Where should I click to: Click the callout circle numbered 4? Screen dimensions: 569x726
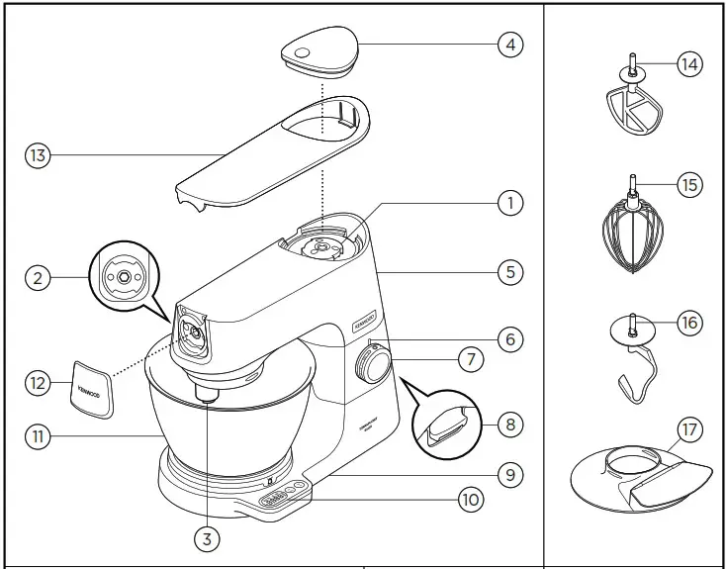coord(509,45)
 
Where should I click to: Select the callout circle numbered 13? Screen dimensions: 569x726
coord(38,154)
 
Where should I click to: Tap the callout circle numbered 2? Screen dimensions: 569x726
coord(38,278)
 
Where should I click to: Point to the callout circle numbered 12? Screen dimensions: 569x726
coord(38,382)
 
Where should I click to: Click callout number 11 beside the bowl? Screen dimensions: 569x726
coord(38,433)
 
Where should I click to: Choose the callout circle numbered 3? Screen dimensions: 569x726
coord(206,538)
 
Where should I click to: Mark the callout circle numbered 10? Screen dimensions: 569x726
coord(471,500)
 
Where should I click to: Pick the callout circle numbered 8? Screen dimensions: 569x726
coord(509,425)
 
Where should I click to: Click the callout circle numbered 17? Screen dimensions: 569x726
coord(689,430)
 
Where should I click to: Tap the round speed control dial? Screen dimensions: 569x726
coord(374,367)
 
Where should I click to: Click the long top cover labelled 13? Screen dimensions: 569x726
coord(267,158)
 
